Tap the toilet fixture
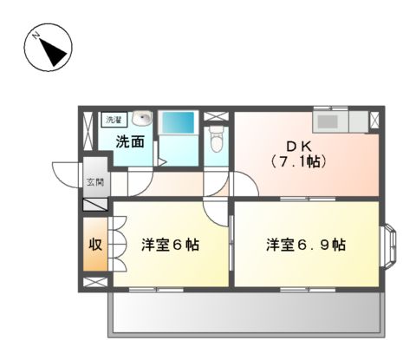click(217, 139)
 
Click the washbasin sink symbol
click(144, 119)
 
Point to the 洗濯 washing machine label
click(114, 118)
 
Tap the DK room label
click(300, 145)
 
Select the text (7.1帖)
click(300, 160)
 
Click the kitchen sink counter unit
click(329, 120)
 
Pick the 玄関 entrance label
click(94, 182)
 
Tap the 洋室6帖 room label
click(170, 245)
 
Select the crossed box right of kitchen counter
click(371, 119)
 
